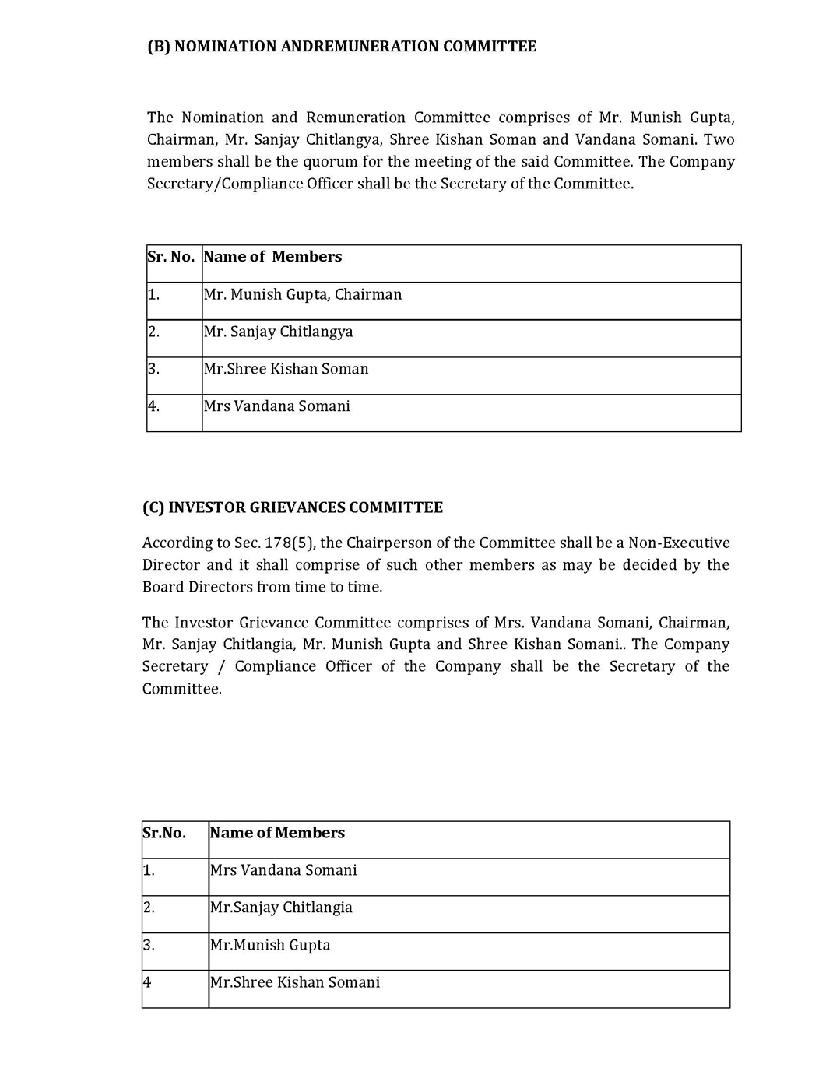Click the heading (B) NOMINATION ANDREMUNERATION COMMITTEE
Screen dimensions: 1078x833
click(x=342, y=47)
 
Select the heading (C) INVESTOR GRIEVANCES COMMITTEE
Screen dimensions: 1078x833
click(x=292, y=507)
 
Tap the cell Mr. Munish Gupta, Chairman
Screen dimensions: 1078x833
click(x=303, y=295)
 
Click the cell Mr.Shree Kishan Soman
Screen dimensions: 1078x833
click(x=286, y=369)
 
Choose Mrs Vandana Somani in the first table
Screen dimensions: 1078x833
click(x=276, y=406)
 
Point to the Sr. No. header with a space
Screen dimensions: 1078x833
click(x=170, y=257)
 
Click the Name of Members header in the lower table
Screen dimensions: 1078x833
click(x=277, y=833)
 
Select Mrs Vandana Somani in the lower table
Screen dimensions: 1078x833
click(x=283, y=870)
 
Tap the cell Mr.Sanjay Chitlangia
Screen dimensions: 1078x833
click(x=281, y=908)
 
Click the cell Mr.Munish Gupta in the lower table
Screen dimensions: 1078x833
click(x=270, y=945)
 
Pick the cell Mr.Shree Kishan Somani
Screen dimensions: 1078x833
click(x=295, y=982)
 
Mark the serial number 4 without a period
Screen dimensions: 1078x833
click(x=147, y=982)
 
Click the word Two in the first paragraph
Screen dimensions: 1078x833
click(x=719, y=140)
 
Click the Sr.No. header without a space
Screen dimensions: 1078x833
click(x=164, y=833)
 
